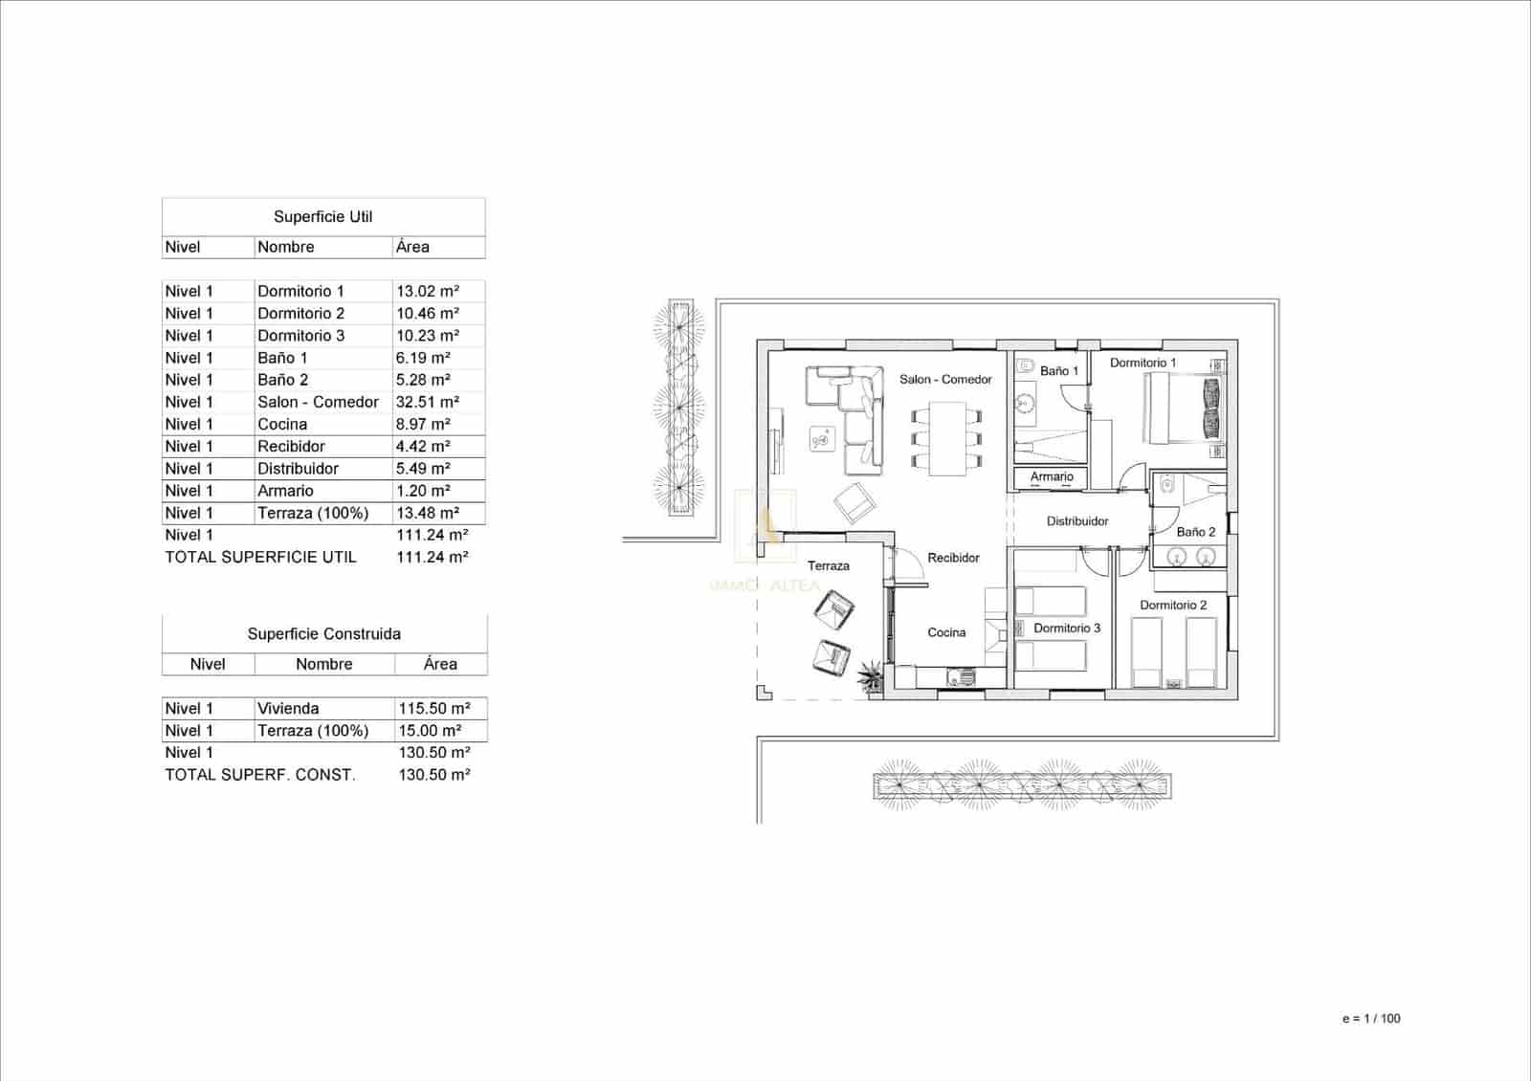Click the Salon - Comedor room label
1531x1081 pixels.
coord(945,380)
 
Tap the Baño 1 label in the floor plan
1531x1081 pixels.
coord(1059,371)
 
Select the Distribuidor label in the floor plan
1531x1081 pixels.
coord(1077,521)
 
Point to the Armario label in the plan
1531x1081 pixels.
coord(1052,476)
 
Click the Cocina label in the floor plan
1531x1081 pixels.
coord(946,632)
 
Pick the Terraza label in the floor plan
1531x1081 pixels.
coord(828,566)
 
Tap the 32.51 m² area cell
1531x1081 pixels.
coord(428,402)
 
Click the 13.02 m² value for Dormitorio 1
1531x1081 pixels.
coord(428,291)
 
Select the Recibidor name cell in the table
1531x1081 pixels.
coord(291,446)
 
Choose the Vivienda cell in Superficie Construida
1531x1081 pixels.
coord(288,708)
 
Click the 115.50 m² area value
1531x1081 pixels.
coord(434,708)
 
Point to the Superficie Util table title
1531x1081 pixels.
coord(322,217)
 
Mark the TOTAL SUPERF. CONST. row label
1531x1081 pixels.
coord(260,775)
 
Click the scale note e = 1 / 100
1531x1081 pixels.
coord(1371,1019)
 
